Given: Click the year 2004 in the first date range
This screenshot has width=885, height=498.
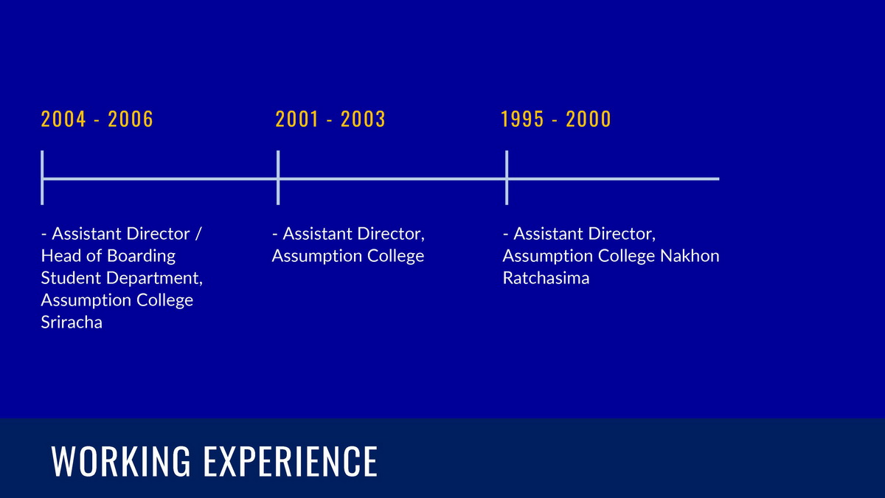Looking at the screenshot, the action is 63,119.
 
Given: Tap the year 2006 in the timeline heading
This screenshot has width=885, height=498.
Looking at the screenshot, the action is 131,119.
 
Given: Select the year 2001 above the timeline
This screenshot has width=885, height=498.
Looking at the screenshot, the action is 296,119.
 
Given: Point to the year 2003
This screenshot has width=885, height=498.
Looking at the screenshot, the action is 363,119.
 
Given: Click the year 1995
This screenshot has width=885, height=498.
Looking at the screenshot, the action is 522,119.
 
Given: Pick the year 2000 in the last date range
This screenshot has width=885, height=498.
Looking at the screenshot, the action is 589,119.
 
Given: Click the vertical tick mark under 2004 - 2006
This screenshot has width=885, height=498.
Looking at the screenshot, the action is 42,178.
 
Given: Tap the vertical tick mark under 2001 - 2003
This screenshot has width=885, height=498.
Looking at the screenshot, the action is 278,178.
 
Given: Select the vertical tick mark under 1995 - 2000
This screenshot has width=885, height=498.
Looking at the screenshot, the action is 507,178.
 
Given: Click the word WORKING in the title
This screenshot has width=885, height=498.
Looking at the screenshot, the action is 121,461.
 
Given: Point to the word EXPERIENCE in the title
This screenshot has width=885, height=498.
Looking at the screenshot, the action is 291,461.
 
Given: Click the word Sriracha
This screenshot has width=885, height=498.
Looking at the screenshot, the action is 72,322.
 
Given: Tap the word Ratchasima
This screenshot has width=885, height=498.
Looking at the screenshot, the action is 546,278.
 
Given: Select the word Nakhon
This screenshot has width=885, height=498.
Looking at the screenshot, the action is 690,256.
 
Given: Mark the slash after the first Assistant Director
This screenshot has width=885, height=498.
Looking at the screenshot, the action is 198,234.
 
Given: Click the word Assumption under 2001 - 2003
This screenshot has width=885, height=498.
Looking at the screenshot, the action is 317,257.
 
